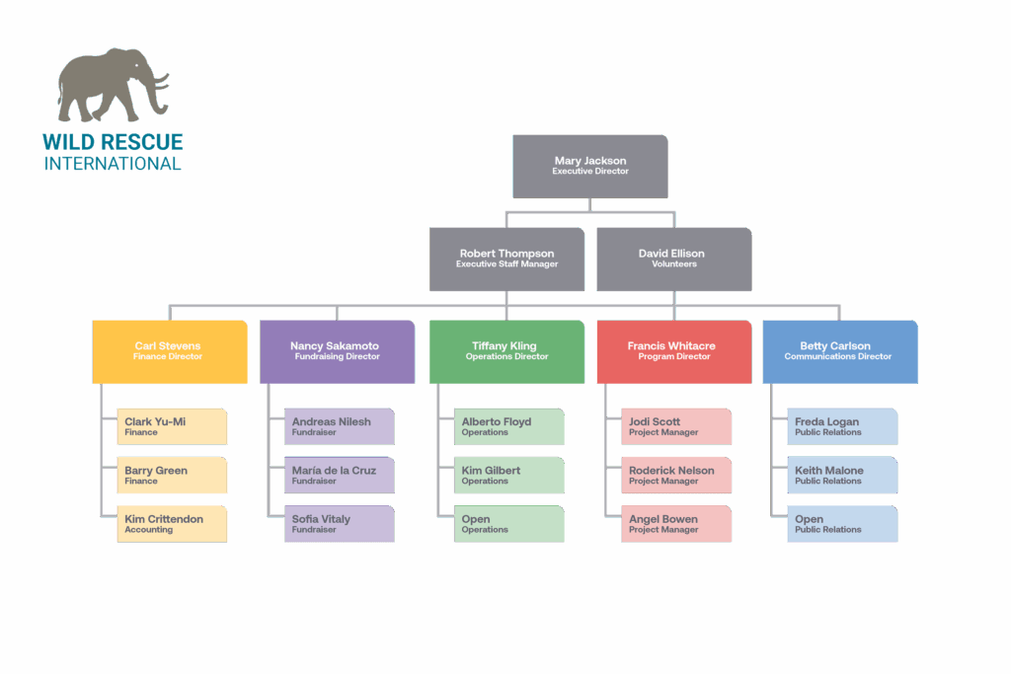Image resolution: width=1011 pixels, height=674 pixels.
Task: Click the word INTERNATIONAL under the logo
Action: pos(113,163)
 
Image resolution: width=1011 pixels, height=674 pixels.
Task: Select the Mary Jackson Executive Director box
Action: pos(590,166)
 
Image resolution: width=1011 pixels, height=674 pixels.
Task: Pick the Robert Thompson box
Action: pos(506,259)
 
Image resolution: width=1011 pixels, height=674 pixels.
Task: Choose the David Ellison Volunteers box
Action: pos(673,259)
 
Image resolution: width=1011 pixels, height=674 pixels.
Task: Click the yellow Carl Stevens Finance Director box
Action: pos(169,351)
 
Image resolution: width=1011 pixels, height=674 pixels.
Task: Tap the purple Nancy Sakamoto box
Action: pos(336,351)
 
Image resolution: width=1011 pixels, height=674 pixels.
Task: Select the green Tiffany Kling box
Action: pos(505,351)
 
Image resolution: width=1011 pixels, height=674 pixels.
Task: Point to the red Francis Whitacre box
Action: pos(672,351)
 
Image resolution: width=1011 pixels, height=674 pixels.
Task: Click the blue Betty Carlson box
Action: pos(839,351)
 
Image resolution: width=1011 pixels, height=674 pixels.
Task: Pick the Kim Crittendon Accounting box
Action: pos(172,524)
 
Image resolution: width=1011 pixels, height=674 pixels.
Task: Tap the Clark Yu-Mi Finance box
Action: pos(172,426)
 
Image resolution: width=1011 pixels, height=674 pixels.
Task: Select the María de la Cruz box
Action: pos(339,475)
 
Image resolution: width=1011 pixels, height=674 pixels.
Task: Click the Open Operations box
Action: pos(508,524)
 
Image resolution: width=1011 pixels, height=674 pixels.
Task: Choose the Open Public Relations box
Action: pos(842,524)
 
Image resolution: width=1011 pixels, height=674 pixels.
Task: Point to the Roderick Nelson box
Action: pos(676,475)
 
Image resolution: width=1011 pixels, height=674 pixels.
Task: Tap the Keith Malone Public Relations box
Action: pos(842,475)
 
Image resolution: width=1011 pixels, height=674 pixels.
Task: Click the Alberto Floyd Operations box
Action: pos(508,426)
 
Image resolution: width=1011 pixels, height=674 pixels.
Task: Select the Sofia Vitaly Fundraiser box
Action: pos(339,524)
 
